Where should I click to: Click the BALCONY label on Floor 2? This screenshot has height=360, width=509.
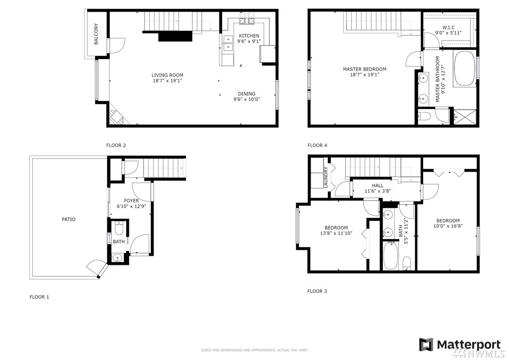tap(96, 34)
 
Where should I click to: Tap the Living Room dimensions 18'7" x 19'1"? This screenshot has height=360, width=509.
tap(168, 81)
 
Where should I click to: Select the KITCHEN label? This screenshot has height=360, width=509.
tap(249, 36)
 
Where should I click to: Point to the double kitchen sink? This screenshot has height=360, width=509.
tap(228, 43)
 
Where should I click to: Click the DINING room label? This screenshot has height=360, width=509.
tap(247, 94)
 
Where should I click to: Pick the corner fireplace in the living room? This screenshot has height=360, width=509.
tap(116, 117)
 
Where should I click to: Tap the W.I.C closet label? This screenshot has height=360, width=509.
tap(449, 27)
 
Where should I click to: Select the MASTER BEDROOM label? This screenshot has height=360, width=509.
tap(365, 69)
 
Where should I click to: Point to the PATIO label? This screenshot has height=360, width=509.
tap(69, 219)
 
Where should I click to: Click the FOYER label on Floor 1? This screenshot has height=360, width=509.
tap(131, 201)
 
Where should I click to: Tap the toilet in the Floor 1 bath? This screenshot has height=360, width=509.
tap(119, 229)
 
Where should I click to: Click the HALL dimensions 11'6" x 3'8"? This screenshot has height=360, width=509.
tap(377, 191)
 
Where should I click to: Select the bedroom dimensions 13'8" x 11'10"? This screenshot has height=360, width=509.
tap(336, 233)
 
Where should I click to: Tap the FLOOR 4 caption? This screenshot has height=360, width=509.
tap(317, 145)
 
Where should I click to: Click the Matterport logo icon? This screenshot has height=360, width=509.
tap(426, 345)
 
